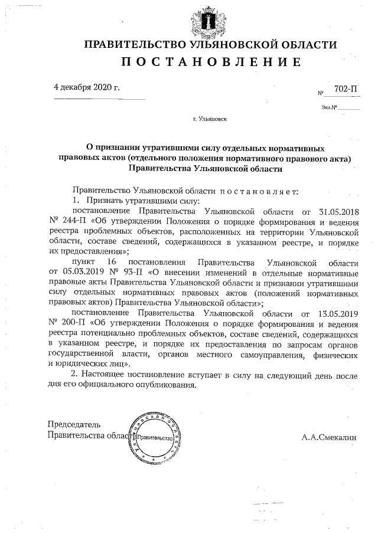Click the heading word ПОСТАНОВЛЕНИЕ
[x=211, y=63]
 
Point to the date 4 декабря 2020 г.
[x=86, y=87]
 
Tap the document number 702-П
[x=346, y=89]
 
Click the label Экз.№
[x=329, y=107]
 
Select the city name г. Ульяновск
[x=209, y=119]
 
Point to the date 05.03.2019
[x=79, y=272]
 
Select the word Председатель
[x=74, y=424]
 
